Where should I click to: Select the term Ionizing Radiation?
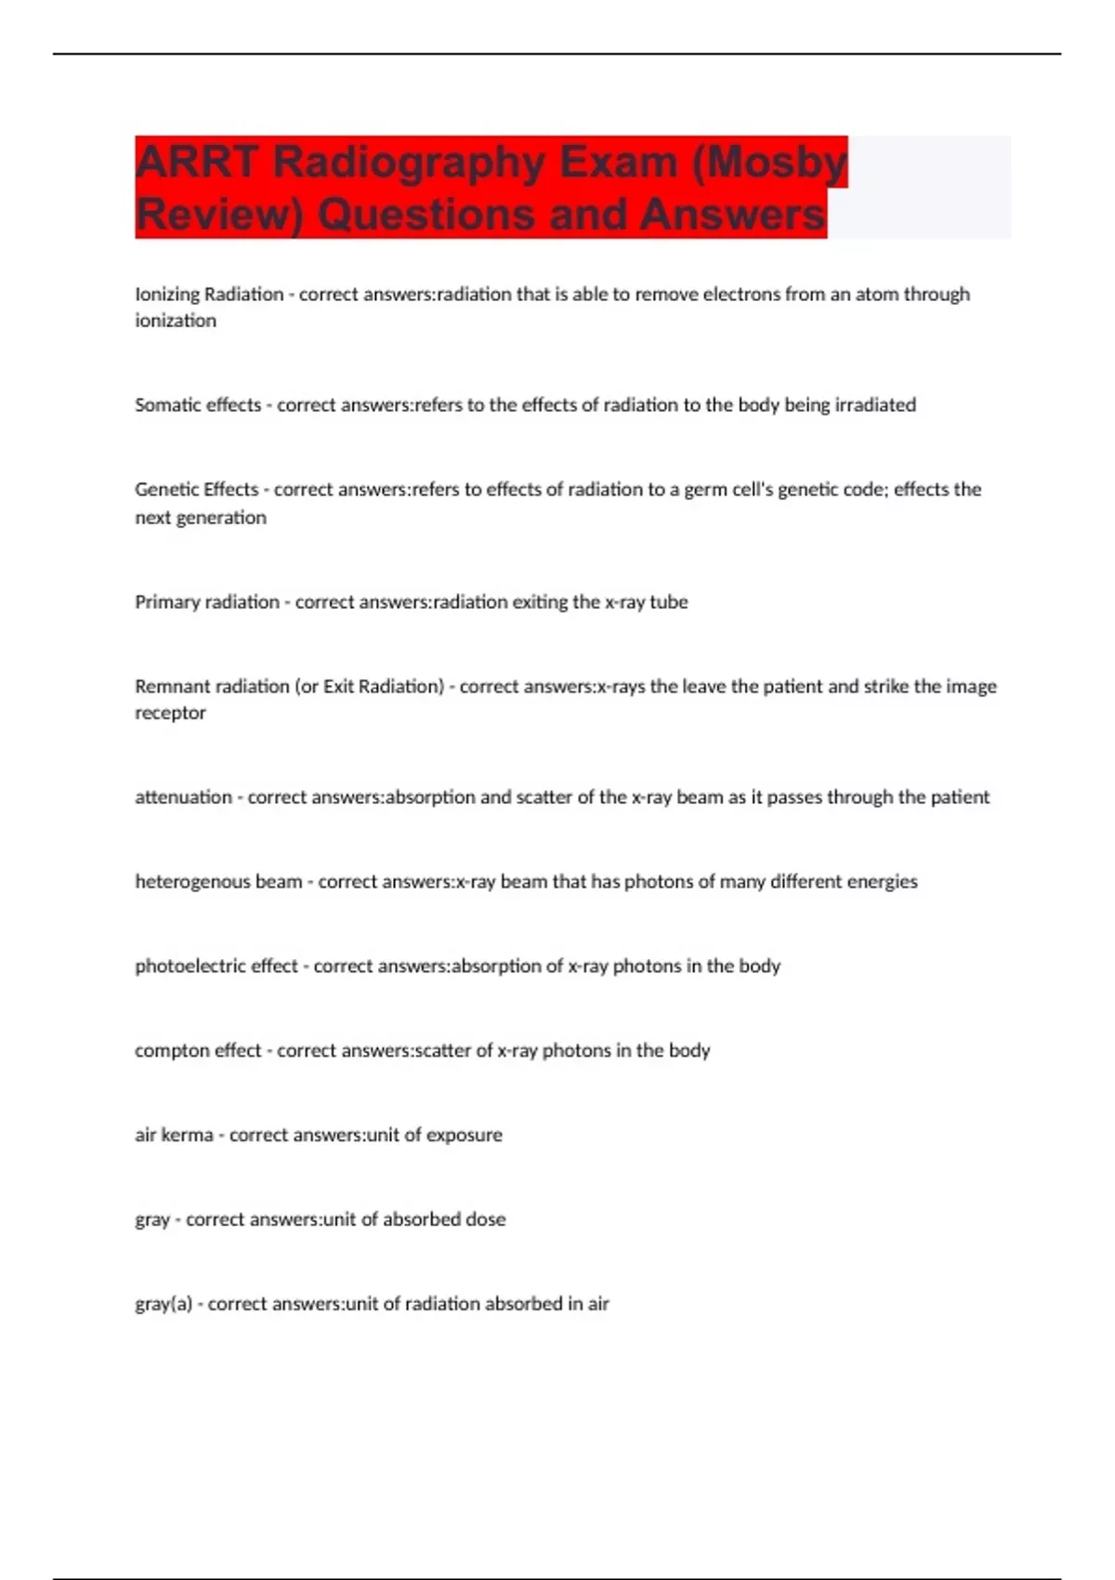coord(209,295)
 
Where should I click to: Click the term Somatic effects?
coord(197,405)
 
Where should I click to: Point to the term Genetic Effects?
coord(196,490)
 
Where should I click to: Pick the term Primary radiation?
coord(206,602)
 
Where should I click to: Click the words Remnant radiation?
coord(212,687)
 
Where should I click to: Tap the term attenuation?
coord(183,797)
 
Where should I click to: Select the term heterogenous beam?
coord(218,882)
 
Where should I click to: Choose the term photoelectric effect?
coord(216,967)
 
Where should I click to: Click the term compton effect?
coord(198,1051)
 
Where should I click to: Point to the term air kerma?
coord(174,1136)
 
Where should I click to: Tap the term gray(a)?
coord(164,1304)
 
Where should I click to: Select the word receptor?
coord(170,714)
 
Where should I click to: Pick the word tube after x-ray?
coord(669,602)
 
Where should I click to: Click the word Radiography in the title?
coord(410,162)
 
